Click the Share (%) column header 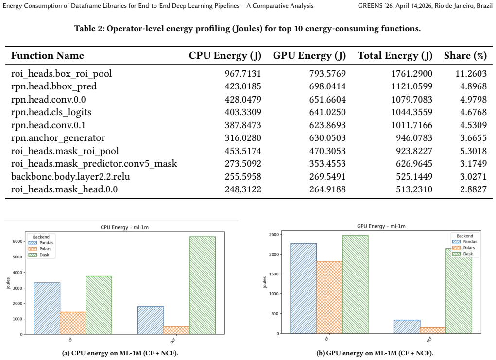point(465,56)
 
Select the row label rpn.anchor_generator point(58,138)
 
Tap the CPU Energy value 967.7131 point(243,74)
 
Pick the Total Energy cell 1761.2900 point(411,74)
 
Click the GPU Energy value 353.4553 point(327,164)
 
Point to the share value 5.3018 point(473,151)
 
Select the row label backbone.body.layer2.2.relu point(70,176)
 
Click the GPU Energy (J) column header point(309,56)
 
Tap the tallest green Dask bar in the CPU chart point(203,285)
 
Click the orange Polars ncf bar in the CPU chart point(176,330)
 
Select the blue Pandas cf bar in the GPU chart point(303,289)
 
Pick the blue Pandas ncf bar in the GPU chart point(407,327)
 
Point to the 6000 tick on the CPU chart point(17,241)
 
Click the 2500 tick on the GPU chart point(274,234)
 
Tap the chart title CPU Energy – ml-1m point(125,227)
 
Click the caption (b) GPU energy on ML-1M point(375,353)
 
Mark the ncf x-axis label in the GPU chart point(429,340)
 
